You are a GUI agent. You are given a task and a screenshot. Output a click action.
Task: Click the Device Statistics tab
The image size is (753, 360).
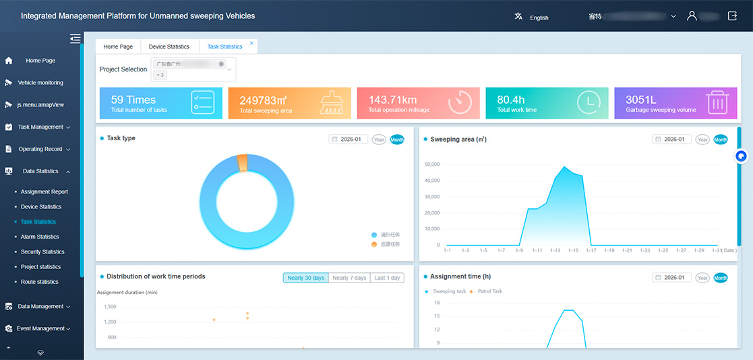click(x=169, y=47)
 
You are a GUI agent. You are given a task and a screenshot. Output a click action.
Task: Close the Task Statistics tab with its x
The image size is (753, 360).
click(x=252, y=43)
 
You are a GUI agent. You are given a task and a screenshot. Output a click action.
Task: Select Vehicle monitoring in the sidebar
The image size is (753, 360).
click(x=40, y=83)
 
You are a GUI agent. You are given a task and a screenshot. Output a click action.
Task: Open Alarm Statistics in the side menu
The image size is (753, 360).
click(x=40, y=237)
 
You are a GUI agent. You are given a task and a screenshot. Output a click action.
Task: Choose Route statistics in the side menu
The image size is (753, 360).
click(x=39, y=282)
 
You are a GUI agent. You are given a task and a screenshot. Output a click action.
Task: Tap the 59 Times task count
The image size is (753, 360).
click(x=133, y=100)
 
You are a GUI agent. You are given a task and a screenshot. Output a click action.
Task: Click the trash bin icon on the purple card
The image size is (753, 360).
click(x=717, y=102)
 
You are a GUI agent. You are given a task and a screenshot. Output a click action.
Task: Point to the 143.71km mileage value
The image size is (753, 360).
click(x=392, y=100)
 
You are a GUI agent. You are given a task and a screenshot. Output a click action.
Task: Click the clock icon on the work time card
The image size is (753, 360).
click(x=589, y=102)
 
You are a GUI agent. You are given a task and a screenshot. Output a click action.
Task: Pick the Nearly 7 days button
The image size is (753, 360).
click(x=350, y=278)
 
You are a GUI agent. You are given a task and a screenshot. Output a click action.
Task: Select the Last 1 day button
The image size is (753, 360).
click(x=387, y=278)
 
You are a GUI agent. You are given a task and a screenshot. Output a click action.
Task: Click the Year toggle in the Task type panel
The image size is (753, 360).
click(x=379, y=140)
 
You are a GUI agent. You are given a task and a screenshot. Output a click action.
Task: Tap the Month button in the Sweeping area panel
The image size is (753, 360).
click(x=721, y=140)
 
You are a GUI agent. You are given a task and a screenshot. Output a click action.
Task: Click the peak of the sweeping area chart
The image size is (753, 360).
click(x=564, y=167)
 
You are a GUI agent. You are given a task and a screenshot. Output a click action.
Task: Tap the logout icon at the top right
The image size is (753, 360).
click(x=732, y=16)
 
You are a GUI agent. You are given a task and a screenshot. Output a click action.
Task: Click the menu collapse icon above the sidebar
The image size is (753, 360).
click(x=75, y=39)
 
